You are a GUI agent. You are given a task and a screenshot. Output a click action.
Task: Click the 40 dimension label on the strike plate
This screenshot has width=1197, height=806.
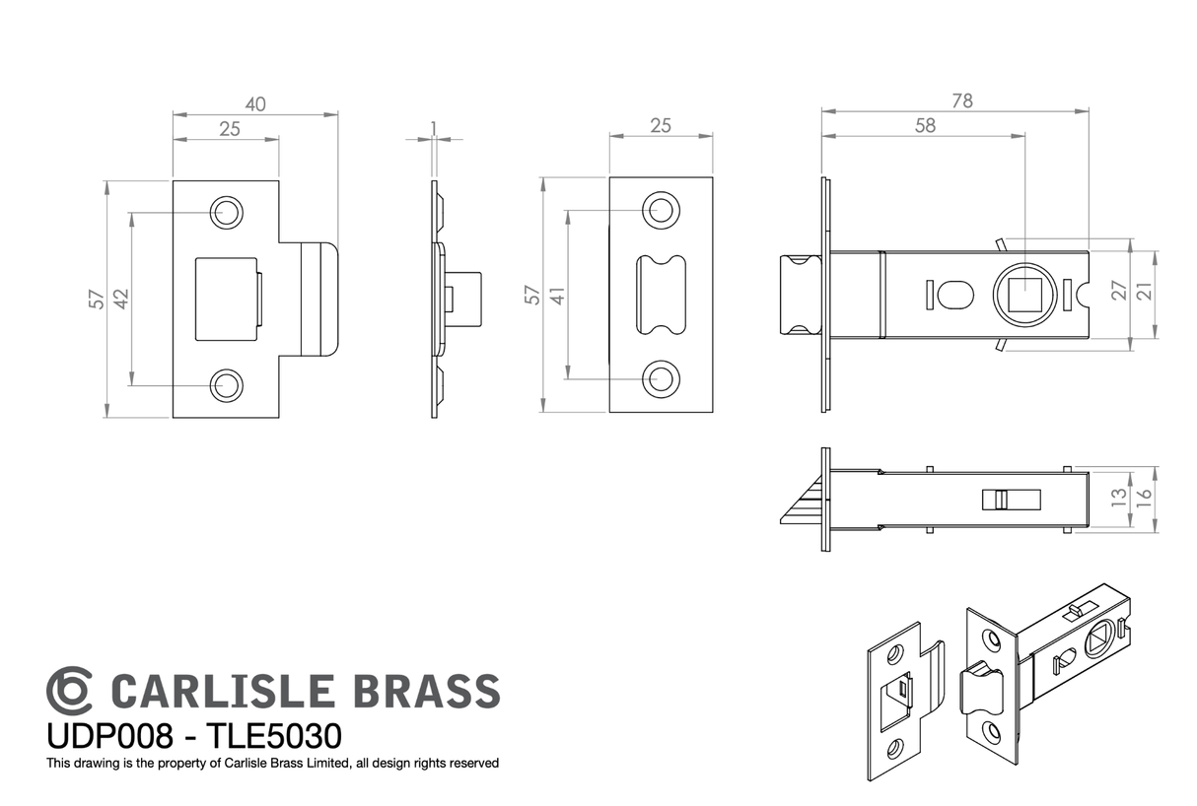pos(255,103)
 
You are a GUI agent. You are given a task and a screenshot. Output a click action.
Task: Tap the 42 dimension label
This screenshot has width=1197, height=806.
pos(121,300)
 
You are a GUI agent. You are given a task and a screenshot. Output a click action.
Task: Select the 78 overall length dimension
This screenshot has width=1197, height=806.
pos(962,101)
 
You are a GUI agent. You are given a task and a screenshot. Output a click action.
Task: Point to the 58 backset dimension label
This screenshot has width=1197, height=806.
pos(925,125)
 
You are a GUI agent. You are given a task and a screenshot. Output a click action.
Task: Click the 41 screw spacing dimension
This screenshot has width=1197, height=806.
pos(557,296)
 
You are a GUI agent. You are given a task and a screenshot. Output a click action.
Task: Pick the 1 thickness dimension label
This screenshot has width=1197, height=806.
pos(434,129)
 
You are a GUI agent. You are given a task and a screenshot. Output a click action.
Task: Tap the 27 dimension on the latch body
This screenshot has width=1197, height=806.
pos(1118,291)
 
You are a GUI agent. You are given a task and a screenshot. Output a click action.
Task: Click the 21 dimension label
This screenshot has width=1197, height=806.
pos(1144,291)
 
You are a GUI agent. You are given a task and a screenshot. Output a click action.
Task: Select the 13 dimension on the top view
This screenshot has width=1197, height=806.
pos(1118,498)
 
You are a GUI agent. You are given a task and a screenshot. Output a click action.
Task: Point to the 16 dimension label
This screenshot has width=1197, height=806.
pos(1144,499)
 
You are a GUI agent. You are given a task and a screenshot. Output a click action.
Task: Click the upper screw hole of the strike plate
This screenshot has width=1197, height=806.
pos(226,213)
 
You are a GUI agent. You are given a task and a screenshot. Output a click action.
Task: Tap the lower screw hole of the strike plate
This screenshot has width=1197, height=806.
pos(226,385)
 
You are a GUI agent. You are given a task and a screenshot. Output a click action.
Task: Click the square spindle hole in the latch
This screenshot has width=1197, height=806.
pos(1024,295)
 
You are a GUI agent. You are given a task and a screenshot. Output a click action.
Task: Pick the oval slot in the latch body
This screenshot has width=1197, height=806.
pos(955,295)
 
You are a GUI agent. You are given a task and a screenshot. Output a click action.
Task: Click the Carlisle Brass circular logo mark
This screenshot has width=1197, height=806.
pos(69,691)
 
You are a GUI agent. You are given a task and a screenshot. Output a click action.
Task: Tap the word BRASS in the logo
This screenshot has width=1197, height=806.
pos(426,691)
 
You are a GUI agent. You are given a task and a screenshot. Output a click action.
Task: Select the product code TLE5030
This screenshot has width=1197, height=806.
pos(273,736)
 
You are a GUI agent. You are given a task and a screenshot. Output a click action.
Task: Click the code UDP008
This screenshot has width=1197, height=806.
pos(109,736)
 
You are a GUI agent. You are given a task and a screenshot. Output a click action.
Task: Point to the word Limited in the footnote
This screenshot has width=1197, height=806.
pos(329,764)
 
